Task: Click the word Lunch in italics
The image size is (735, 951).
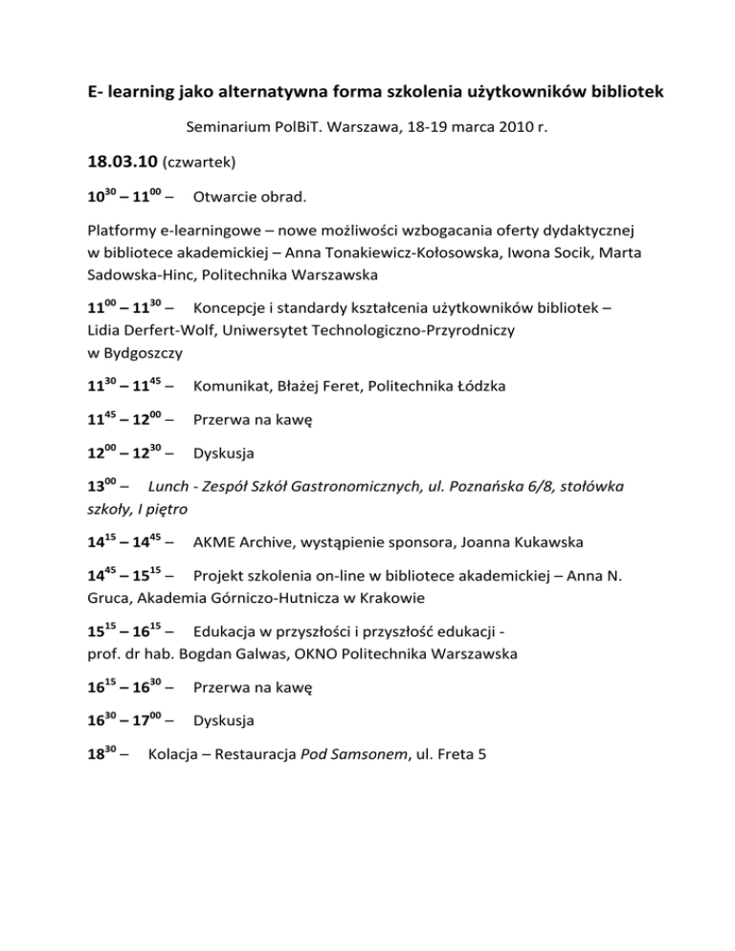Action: (x=169, y=487)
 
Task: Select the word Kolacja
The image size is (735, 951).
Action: (x=178, y=754)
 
